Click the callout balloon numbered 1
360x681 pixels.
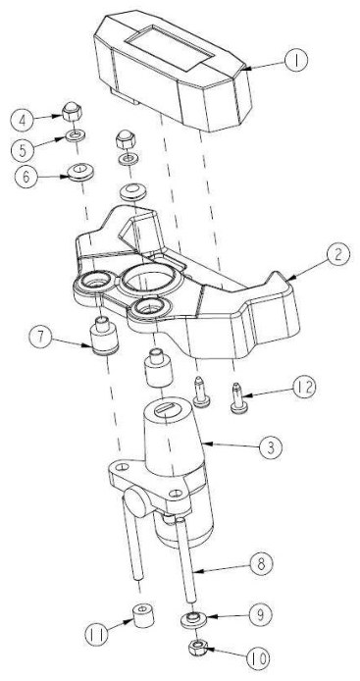point(296,61)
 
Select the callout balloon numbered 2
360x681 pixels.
point(338,255)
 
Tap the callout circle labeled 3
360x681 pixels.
point(271,447)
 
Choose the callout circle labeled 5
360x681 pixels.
point(23,150)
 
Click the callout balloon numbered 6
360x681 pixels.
point(26,178)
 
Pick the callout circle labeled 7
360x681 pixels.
point(41,338)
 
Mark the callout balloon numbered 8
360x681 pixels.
point(262,563)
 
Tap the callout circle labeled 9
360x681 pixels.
point(261,614)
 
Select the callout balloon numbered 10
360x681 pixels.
point(258,658)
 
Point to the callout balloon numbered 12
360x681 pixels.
point(303,387)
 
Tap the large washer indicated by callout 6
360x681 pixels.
point(80,172)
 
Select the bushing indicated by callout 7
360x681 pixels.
point(103,336)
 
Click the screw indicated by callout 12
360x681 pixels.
point(237,397)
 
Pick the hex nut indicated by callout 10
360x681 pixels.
point(198,649)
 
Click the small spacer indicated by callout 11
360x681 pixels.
point(143,614)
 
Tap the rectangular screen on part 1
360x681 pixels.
point(169,47)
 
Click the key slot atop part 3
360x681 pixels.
point(168,408)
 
